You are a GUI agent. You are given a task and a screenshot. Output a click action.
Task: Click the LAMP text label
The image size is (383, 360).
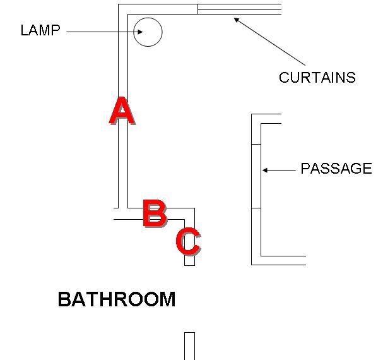click(x=40, y=30)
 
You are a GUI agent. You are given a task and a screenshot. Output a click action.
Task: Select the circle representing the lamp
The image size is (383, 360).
click(x=148, y=32)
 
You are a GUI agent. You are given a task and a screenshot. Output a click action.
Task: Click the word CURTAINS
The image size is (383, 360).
click(x=317, y=78)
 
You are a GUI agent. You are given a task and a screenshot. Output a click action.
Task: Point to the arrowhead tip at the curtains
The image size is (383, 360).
click(x=236, y=19)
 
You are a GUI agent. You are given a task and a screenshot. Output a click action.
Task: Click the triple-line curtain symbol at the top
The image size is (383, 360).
click(x=239, y=9)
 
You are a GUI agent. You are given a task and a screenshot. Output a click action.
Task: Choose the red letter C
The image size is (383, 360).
click(x=188, y=241)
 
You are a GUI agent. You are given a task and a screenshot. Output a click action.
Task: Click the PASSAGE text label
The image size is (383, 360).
click(x=336, y=169)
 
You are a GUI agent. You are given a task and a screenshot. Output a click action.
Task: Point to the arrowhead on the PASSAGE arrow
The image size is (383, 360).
click(x=265, y=170)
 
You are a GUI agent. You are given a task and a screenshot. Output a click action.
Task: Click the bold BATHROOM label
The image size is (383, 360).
click(x=117, y=299)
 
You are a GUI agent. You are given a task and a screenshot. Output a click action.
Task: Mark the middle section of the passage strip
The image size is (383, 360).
click(x=256, y=176)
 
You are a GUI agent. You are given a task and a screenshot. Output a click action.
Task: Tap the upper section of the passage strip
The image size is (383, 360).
click(x=256, y=129)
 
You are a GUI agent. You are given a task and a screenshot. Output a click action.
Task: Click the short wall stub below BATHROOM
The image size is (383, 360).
click(x=189, y=345)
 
